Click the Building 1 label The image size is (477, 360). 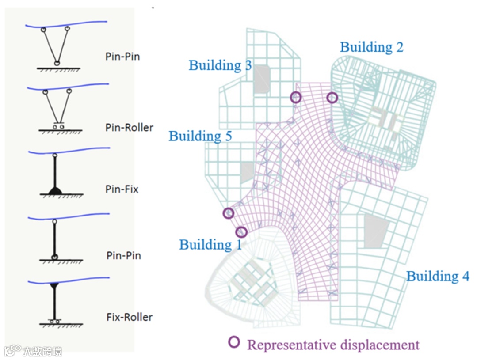click(210, 244)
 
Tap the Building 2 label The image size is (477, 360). click(371, 47)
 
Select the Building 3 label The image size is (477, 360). click(220, 65)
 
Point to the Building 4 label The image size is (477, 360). click(438, 277)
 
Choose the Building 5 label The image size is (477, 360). click(200, 136)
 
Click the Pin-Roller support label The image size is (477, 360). click(130, 128)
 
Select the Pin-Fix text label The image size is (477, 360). click(122, 189)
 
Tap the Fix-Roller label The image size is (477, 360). click(130, 317)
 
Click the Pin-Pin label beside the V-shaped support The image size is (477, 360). click(122, 57)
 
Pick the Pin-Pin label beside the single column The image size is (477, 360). click(123, 255)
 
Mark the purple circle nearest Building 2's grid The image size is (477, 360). click(332, 98)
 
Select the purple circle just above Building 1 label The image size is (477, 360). click(241, 231)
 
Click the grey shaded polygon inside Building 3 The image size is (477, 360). click(261, 79)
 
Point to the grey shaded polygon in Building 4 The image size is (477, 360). click(376, 230)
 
